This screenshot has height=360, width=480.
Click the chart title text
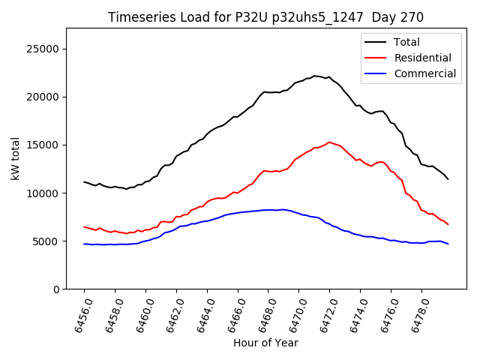coord(265,17)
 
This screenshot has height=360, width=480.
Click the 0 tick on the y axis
coord(55,289)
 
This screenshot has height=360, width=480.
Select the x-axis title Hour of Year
coord(265,343)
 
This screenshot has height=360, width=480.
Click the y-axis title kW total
coord(16,158)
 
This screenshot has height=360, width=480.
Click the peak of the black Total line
coord(316,76)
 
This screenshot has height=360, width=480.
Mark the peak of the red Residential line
coord(329,142)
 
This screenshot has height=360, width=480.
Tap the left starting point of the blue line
coord(84,244)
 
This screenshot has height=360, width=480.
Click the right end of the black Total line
coord(448,178)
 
